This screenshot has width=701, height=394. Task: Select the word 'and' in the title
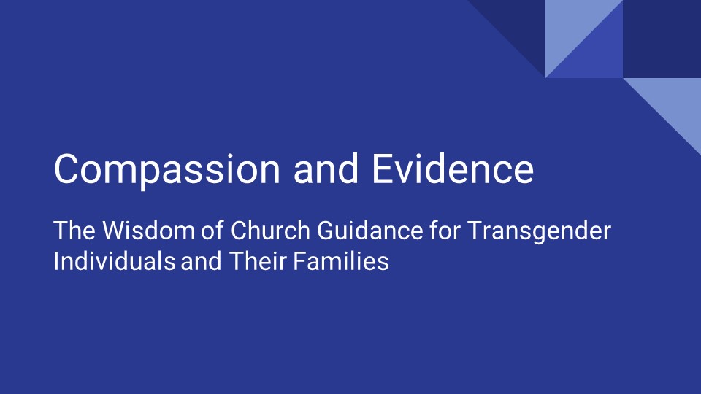326,170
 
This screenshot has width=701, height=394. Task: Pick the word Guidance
369,231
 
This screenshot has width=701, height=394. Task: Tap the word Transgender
539,231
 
